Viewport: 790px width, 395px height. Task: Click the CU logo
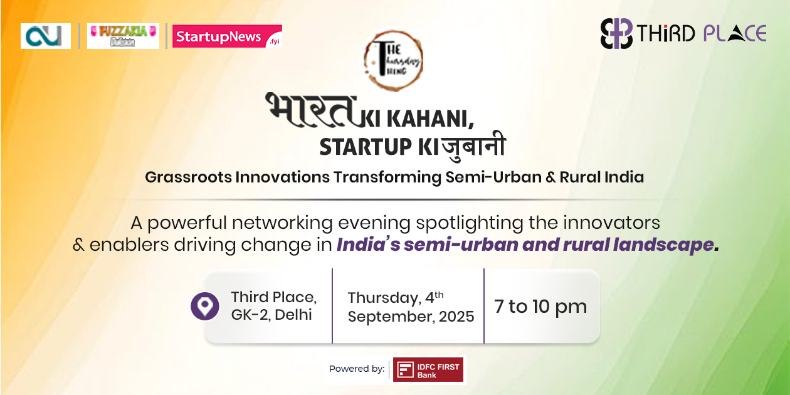tap(45, 36)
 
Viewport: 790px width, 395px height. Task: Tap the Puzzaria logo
tap(123, 36)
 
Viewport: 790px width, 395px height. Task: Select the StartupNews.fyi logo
tap(227, 36)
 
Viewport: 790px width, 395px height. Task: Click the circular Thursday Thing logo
tap(393, 61)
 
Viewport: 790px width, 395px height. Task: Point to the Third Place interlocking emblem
tap(616, 33)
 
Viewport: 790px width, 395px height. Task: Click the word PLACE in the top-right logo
tap(734, 33)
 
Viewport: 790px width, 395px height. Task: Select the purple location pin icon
tap(205, 306)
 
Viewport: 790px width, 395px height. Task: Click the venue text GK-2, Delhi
tap(271, 315)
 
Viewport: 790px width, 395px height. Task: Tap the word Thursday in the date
tap(384, 298)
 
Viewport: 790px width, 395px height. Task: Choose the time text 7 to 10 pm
tap(540, 307)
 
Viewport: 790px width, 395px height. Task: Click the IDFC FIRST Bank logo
tap(428, 369)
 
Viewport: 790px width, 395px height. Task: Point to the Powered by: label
tap(357, 369)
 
